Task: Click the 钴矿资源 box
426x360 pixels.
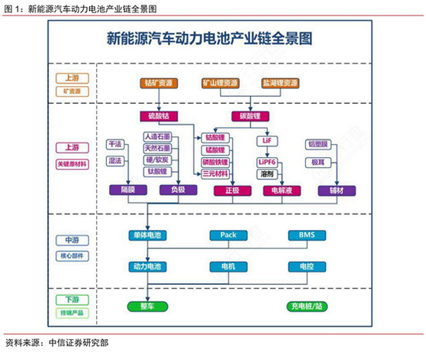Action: (160, 81)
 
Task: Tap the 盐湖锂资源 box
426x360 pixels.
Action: (278, 81)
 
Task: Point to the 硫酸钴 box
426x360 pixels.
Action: (160, 116)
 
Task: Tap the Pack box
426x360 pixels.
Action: (228, 234)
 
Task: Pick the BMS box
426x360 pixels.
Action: (301, 234)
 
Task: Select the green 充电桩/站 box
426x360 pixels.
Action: (301, 307)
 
